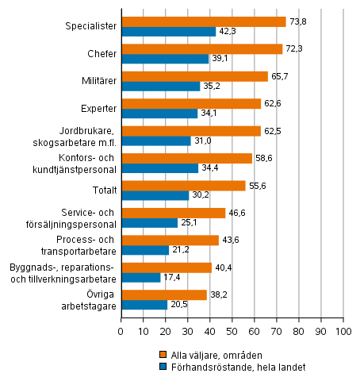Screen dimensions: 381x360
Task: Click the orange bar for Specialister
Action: coord(203,22)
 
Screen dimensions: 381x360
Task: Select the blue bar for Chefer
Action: coord(164,59)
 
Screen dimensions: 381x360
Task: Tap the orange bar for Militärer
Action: coord(193,76)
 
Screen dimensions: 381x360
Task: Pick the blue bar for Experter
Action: coord(159,113)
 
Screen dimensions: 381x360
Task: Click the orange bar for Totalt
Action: coord(182,185)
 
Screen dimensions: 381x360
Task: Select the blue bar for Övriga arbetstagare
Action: coord(144,304)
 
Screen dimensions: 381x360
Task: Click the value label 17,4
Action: coord(172,277)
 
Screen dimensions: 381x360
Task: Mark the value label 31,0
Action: coord(202,140)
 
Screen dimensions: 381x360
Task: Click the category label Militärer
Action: coord(97,81)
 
